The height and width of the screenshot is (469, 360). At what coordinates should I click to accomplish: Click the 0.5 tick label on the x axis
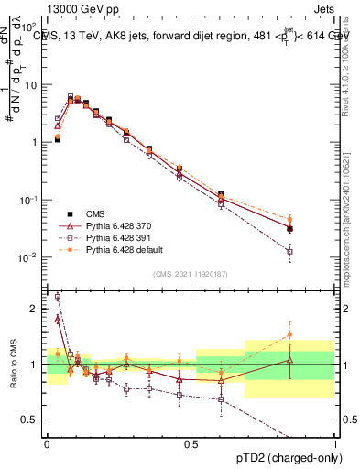coord(191,442)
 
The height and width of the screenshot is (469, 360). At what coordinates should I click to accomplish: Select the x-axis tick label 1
coord(335,442)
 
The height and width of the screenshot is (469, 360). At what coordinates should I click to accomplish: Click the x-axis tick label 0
coord(47,442)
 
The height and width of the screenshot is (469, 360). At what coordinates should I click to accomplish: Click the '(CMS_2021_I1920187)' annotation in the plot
coord(190,273)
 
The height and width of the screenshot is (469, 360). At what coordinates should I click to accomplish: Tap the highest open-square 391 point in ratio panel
coord(58,297)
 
